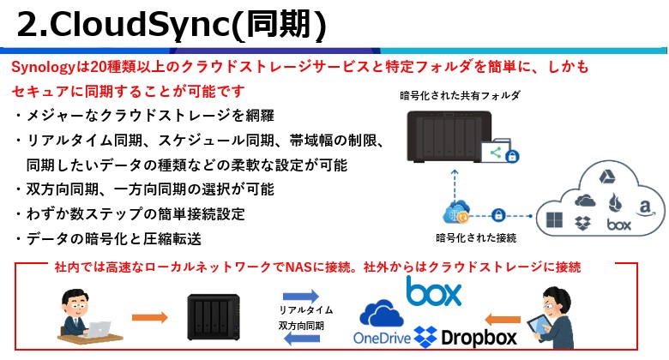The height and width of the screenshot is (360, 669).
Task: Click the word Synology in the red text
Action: click(41, 68)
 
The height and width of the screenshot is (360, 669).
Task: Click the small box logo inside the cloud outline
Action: click(618, 225)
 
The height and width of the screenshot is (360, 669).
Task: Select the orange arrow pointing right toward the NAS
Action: click(149, 316)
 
